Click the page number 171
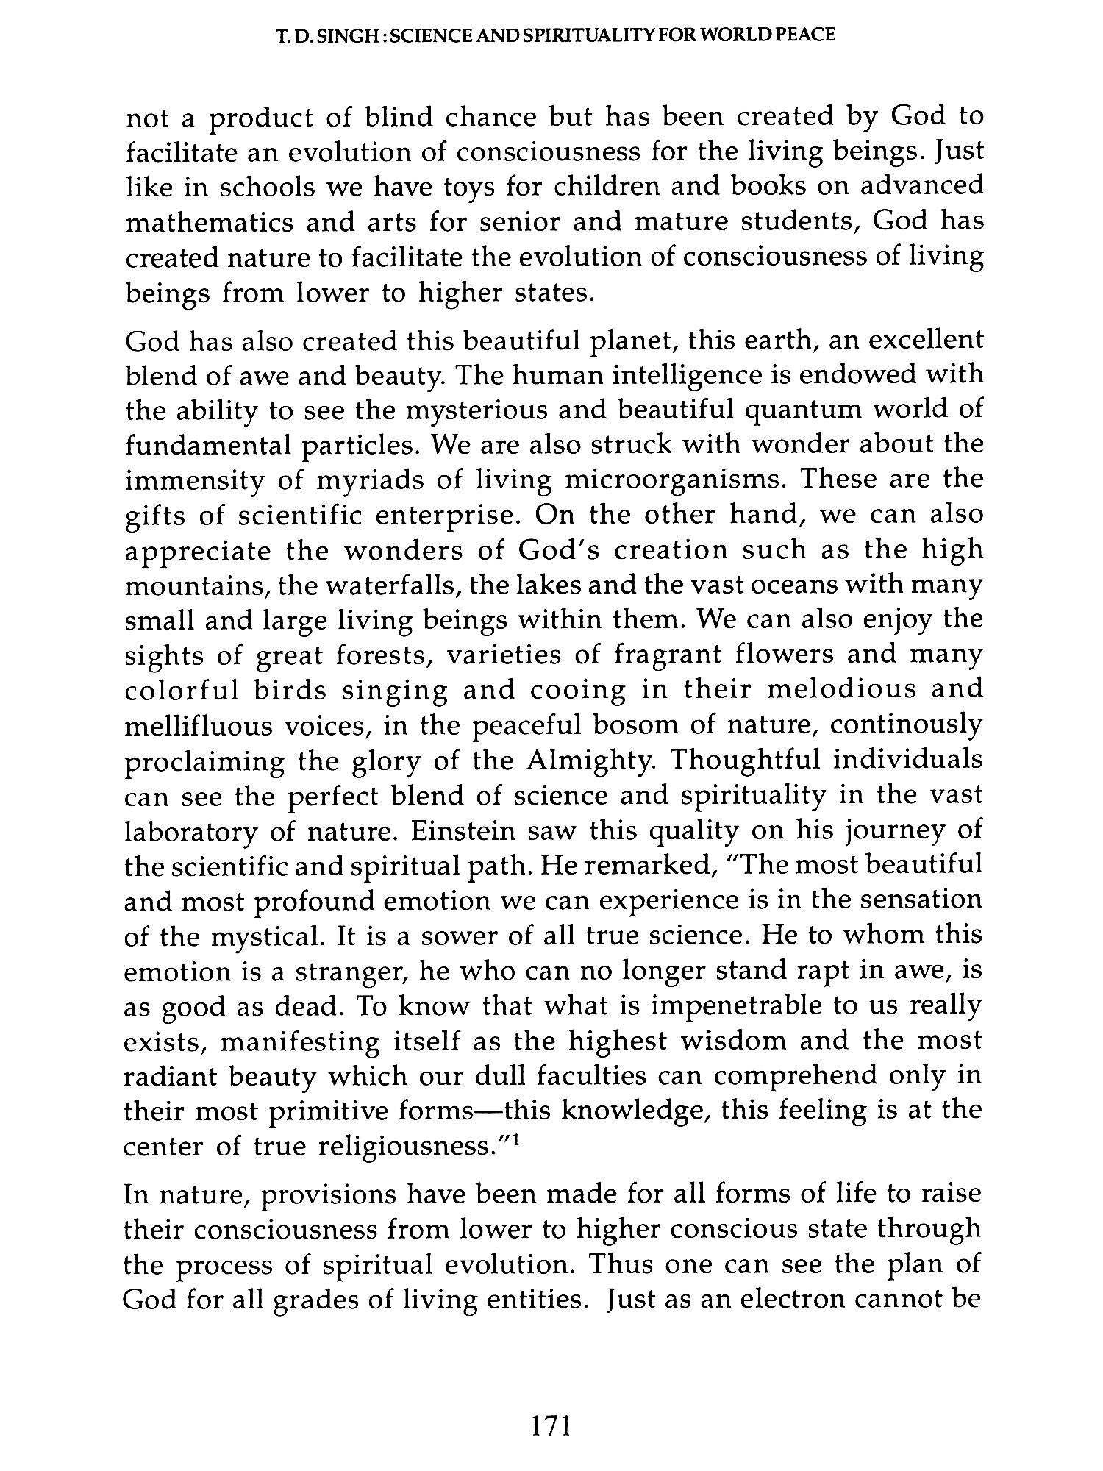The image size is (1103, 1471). pyautogui.click(x=551, y=1428)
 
